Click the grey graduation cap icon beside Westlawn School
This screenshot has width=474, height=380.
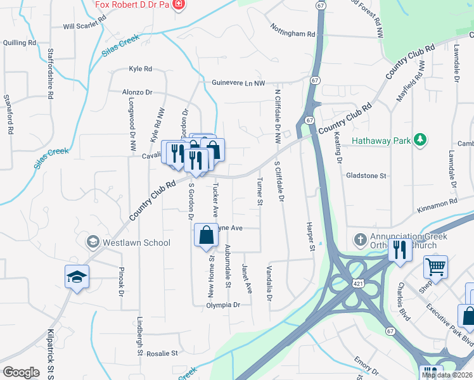[x=93, y=242]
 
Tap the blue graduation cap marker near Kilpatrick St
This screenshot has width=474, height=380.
[x=77, y=277]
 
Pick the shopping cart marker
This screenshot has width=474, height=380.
[x=435, y=267]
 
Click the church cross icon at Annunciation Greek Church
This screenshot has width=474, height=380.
[x=359, y=239]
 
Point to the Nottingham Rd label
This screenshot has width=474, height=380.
[x=292, y=33]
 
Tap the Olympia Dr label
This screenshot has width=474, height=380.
[x=224, y=305]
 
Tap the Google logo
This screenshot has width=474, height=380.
[x=22, y=372]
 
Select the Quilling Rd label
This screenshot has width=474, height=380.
[x=19, y=42]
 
